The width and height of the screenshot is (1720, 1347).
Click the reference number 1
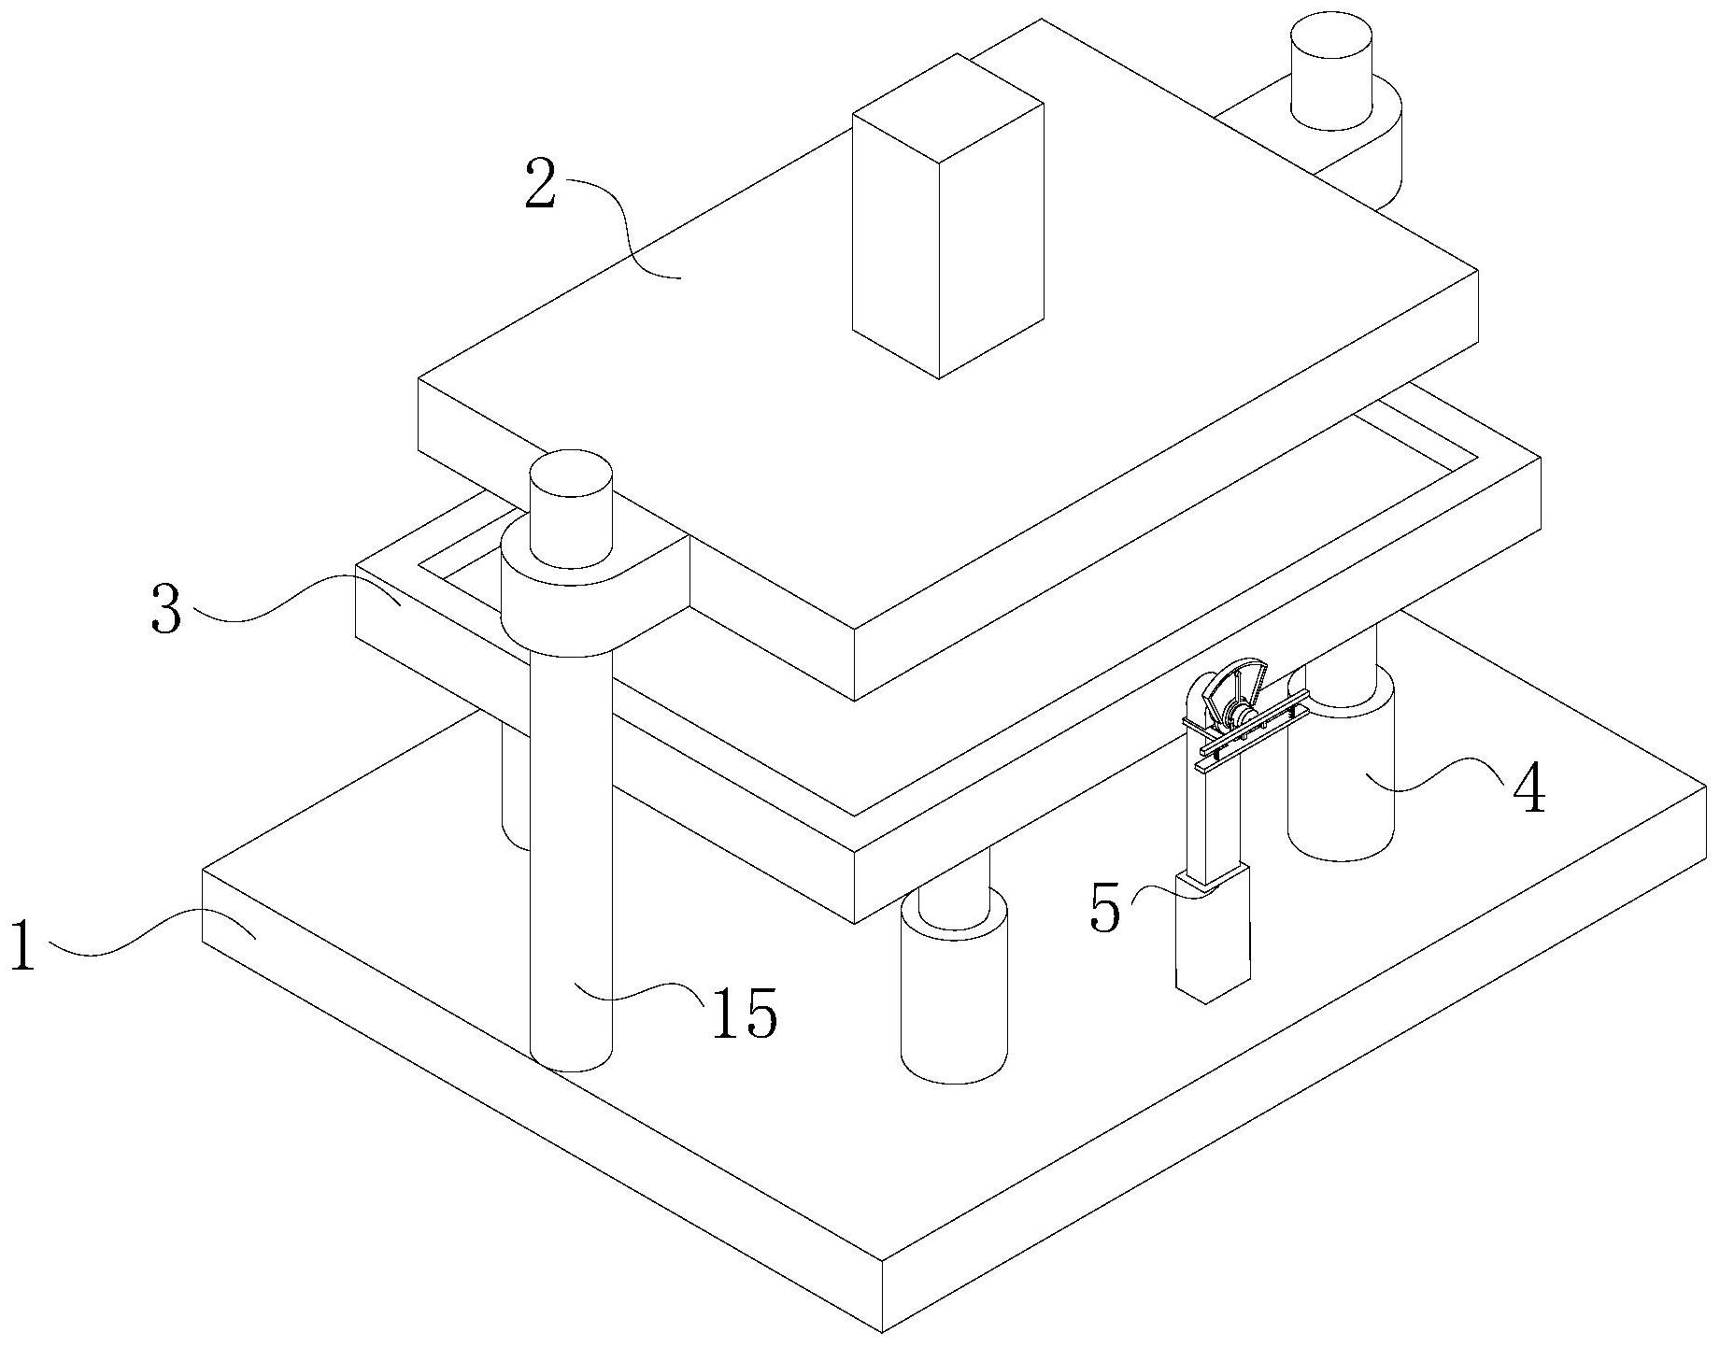pyautogui.click(x=22, y=945)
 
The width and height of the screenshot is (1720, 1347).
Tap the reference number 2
pyautogui.click(x=541, y=185)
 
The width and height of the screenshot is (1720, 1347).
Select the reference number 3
pyautogui.click(x=167, y=607)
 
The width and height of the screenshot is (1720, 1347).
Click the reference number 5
pyautogui.click(x=1105, y=908)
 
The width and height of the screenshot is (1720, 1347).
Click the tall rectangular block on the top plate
pyautogui.click(x=947, y=216)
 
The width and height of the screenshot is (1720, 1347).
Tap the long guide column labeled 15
pyautogui.click(x=571, y=859)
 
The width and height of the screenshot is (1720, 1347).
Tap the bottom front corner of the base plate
pyautogui.click(x=883, y=1330)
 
